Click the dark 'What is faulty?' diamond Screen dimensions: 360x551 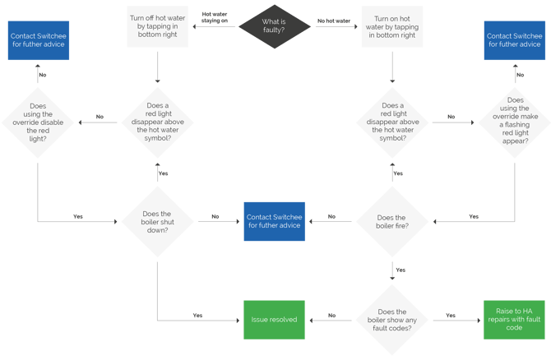click(275, 25)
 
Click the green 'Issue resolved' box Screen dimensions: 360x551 click(274, 316)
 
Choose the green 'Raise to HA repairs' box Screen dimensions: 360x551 click(515, 316)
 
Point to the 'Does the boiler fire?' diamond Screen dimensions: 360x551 click(391, 219)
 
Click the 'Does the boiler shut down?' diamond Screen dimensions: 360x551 click(157, 219)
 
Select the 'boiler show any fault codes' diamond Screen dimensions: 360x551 click(391, 316)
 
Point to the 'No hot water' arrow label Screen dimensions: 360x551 click(334, 19)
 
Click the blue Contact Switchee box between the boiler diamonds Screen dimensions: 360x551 click(274, 220)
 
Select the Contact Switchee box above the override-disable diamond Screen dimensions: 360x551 click(38, 41)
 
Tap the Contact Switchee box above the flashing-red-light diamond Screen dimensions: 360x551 click(515, 41)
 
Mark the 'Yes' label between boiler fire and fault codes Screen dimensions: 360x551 click(400, 270)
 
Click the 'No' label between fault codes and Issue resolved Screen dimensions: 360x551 click(331, 316)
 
